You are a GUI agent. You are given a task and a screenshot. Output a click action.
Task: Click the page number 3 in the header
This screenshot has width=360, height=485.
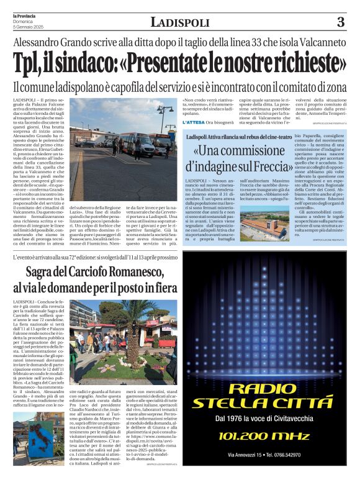tap(340, 22)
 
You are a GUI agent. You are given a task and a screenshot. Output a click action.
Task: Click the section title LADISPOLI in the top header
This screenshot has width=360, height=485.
tap(180, 22)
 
